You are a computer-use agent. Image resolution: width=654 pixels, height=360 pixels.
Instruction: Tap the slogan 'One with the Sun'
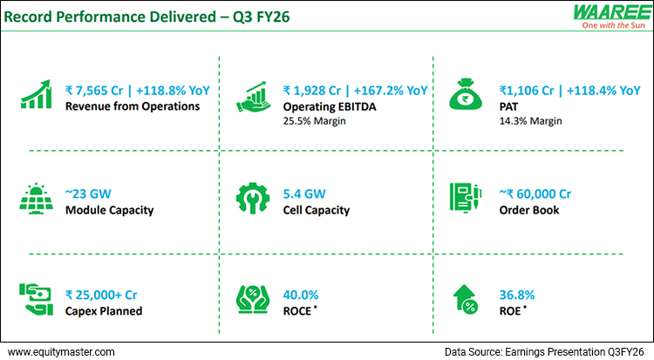point(602,26)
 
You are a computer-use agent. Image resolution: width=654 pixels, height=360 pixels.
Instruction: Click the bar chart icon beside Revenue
point(36,97)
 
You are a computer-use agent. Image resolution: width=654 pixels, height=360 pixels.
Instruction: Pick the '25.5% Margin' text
point(315,120)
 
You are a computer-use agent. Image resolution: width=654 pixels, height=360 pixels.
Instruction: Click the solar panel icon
point(36,200)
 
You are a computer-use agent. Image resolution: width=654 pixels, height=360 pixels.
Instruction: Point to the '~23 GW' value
point(88,194)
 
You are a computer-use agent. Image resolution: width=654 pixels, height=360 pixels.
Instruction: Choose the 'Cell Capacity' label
point(317,210)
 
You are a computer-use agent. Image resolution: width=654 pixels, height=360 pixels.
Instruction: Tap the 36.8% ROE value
point(518,295)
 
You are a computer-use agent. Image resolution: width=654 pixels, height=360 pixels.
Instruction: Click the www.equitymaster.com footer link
point(61,351)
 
